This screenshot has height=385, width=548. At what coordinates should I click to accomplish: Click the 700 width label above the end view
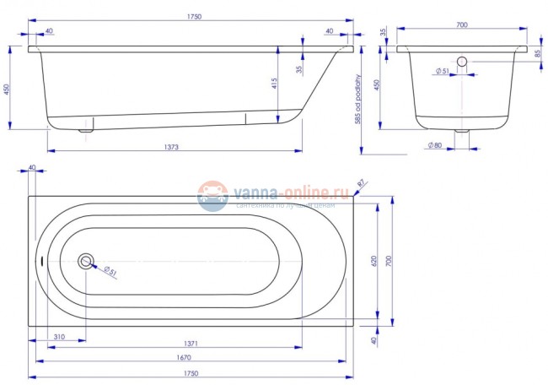461,25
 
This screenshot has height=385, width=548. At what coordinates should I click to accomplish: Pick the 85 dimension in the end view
537,53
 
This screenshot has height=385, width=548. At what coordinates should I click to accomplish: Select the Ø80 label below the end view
435,147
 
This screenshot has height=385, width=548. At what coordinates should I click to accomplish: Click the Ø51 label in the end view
439,72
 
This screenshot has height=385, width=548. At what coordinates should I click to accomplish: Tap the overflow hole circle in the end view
461,62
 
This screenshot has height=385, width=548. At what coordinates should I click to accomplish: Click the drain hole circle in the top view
86,261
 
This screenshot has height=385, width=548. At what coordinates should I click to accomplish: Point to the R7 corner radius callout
360,182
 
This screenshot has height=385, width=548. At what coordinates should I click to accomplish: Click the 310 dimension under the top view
57,337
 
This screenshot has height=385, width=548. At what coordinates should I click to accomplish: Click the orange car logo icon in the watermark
212,195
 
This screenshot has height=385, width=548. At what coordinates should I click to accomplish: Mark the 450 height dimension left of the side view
7,89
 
